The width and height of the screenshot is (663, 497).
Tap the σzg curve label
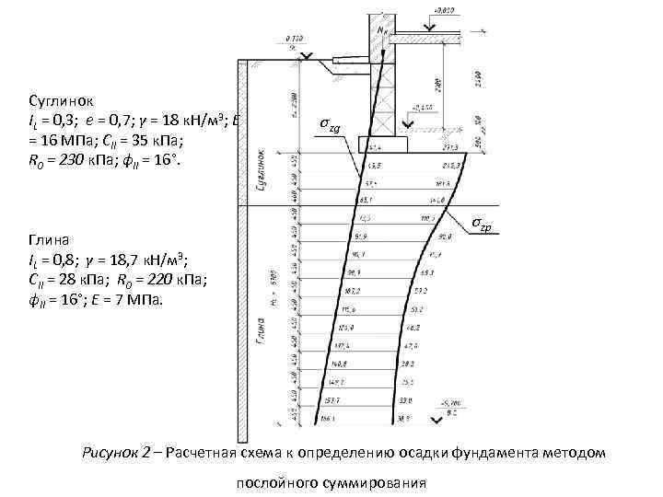click(331, 124)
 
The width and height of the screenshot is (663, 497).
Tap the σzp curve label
click(486, 224)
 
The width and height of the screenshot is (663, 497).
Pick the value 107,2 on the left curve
click(351, 291)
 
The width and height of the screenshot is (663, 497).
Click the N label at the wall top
click(383, 29)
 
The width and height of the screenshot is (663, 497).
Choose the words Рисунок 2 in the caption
click(117, 452)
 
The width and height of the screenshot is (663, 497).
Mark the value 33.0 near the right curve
click(407, 400)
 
